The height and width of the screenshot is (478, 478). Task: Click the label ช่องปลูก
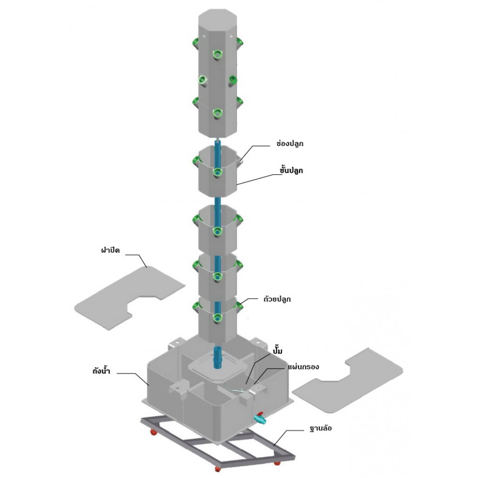pyautogui.click(x=290, y=143)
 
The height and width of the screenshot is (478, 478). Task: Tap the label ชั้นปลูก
pyautogui.click(x=292, y=170)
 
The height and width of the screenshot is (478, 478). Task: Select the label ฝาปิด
pyautogui.click(x=110, y=250)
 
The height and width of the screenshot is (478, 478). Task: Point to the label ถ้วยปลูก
pyautogui.click(x=277, y=299)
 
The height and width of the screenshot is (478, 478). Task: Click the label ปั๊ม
pyautogui.click(x=277, y=350)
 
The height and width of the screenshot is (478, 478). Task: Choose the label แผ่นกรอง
pyautogui.click(x=304, y=366)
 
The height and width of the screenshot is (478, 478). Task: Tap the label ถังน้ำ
pyautogui.click(x=101, y=371)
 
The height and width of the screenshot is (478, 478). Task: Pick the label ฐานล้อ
pyautogui.click(x=320, y=428)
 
